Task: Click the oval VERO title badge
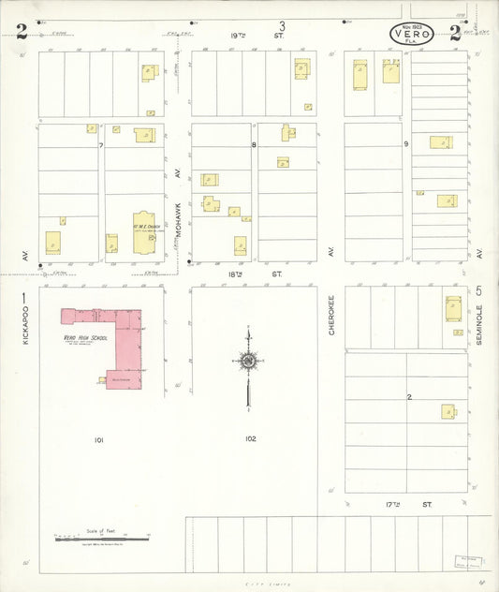[x=411, y=36]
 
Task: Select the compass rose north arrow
[x=248, y=361]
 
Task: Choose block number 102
[x=249, y=438]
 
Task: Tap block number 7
[x=101, y=145]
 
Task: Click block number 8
[x=254, y=145]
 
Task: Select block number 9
[x=406, y=144]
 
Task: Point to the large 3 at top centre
[x=281, y=25]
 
